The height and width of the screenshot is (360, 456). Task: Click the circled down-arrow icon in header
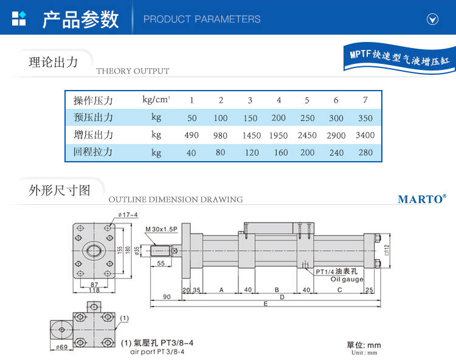(432, 19)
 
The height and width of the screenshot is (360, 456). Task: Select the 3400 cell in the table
(365, 135)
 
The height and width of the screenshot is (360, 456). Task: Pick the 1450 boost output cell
(250, 135)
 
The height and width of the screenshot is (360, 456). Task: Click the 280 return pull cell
(365, 153)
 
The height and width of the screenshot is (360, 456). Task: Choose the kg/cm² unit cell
(156, 100)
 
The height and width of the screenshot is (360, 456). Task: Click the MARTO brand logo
(421, 199)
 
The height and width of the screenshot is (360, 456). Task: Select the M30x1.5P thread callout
(161, 229)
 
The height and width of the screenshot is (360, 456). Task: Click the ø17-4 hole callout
(128, 215)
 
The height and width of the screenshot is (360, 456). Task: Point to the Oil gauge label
(347, 280)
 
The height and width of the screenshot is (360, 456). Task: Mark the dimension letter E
(264, 303)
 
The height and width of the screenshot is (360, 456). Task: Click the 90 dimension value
(166, 297)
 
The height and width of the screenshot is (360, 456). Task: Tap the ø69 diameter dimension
(61, 347)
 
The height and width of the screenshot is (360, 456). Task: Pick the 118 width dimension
(94, 291)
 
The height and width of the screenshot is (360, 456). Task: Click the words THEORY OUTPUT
(133, 71)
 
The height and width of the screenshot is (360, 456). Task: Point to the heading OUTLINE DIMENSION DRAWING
(175, 199)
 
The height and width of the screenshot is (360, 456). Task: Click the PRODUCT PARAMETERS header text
(202, 19)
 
